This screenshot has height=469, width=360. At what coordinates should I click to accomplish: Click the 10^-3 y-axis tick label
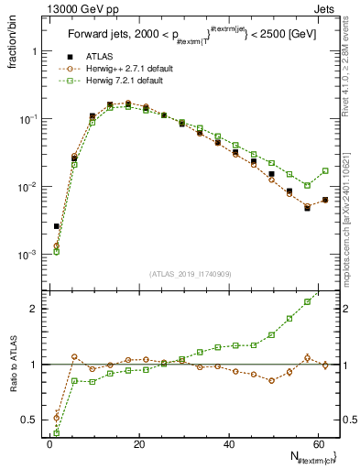pyautogui.click(x=26, y=255)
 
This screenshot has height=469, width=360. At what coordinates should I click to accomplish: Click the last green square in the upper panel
pyautogui.click(x=325, y=170)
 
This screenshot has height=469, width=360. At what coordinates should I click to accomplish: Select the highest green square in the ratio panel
pyautogui.click(x=308, y=301)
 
